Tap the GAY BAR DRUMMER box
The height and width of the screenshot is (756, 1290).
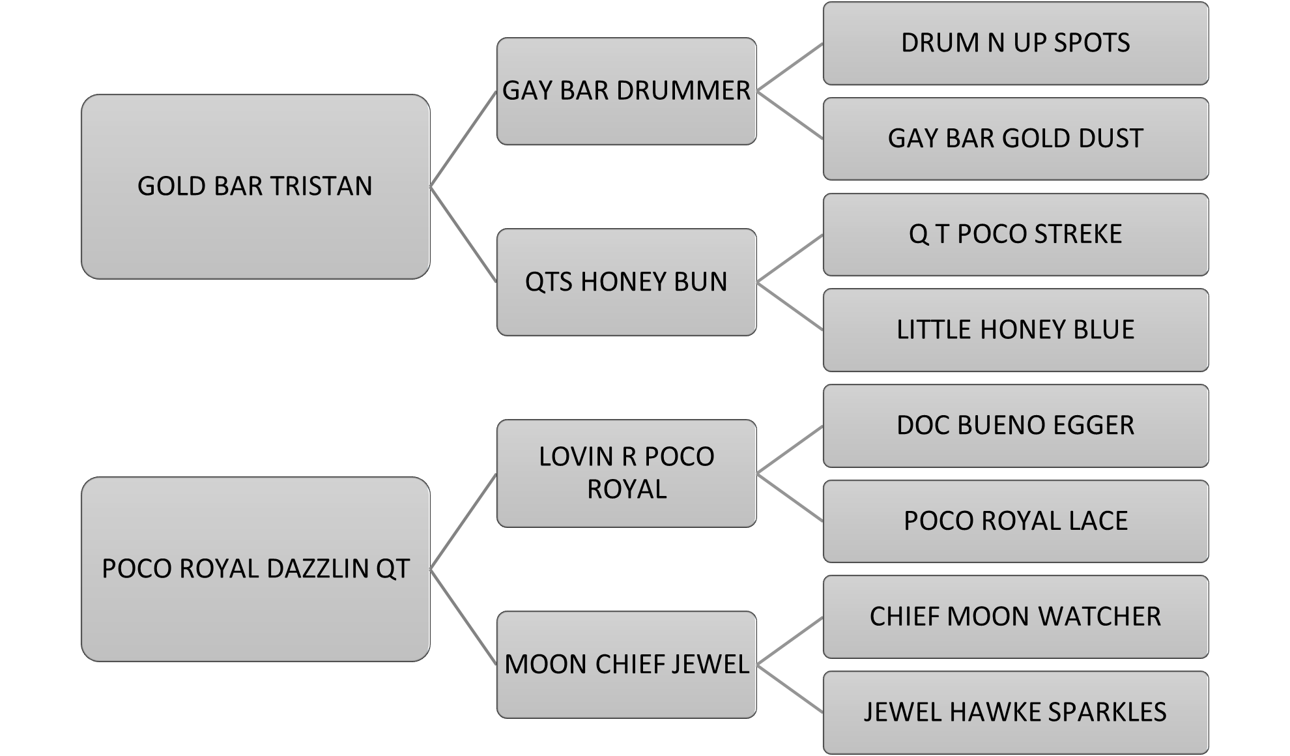626,91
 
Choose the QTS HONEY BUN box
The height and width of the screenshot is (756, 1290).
626,282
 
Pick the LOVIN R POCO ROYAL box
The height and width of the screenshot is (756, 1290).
626,472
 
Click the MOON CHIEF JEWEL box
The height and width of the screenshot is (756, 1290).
626,664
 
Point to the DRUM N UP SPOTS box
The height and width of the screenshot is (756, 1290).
1015,43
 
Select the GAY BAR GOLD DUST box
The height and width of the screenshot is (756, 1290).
1015,138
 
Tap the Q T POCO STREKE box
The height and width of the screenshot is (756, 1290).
1015,234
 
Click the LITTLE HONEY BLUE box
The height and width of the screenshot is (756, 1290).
1015,330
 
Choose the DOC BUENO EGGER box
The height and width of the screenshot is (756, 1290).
1015,425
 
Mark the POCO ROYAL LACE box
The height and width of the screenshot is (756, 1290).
1015,521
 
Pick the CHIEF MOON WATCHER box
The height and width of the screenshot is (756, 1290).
1015,617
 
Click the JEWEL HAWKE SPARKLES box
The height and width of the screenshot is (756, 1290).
1015,712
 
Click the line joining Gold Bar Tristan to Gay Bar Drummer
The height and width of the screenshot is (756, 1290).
463,139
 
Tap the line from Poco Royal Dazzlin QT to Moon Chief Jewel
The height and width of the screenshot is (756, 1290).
463,617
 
